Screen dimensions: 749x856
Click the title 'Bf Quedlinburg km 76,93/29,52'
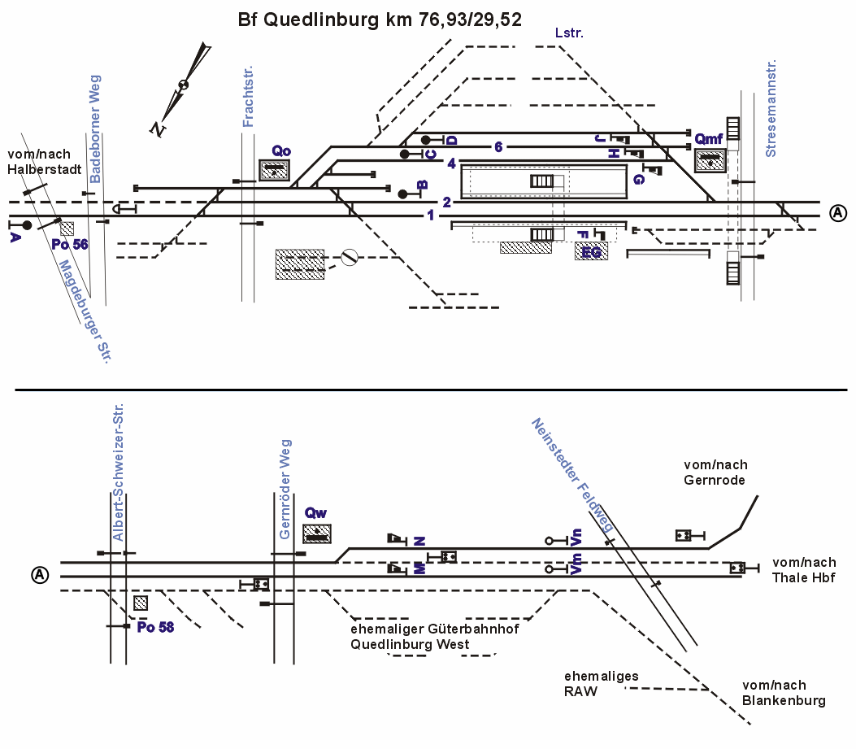pos(380,20)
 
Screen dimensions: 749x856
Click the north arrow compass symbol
pos(185,85)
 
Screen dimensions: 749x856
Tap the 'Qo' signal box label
pos(281,150)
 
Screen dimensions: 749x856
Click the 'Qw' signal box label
pos(315,513)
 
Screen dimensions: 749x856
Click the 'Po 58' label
pos(155,626)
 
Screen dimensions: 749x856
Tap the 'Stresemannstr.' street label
pos(771,108)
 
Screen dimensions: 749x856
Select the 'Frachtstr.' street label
pos(249,97)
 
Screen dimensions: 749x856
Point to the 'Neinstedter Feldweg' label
pos(572,475)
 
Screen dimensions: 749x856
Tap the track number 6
pos(498,146)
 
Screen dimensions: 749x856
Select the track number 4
pos(450,163)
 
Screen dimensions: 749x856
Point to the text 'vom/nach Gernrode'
pos(715,472)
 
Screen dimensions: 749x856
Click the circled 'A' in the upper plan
pos(838,212)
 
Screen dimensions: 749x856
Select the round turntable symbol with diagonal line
pos(350,258)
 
